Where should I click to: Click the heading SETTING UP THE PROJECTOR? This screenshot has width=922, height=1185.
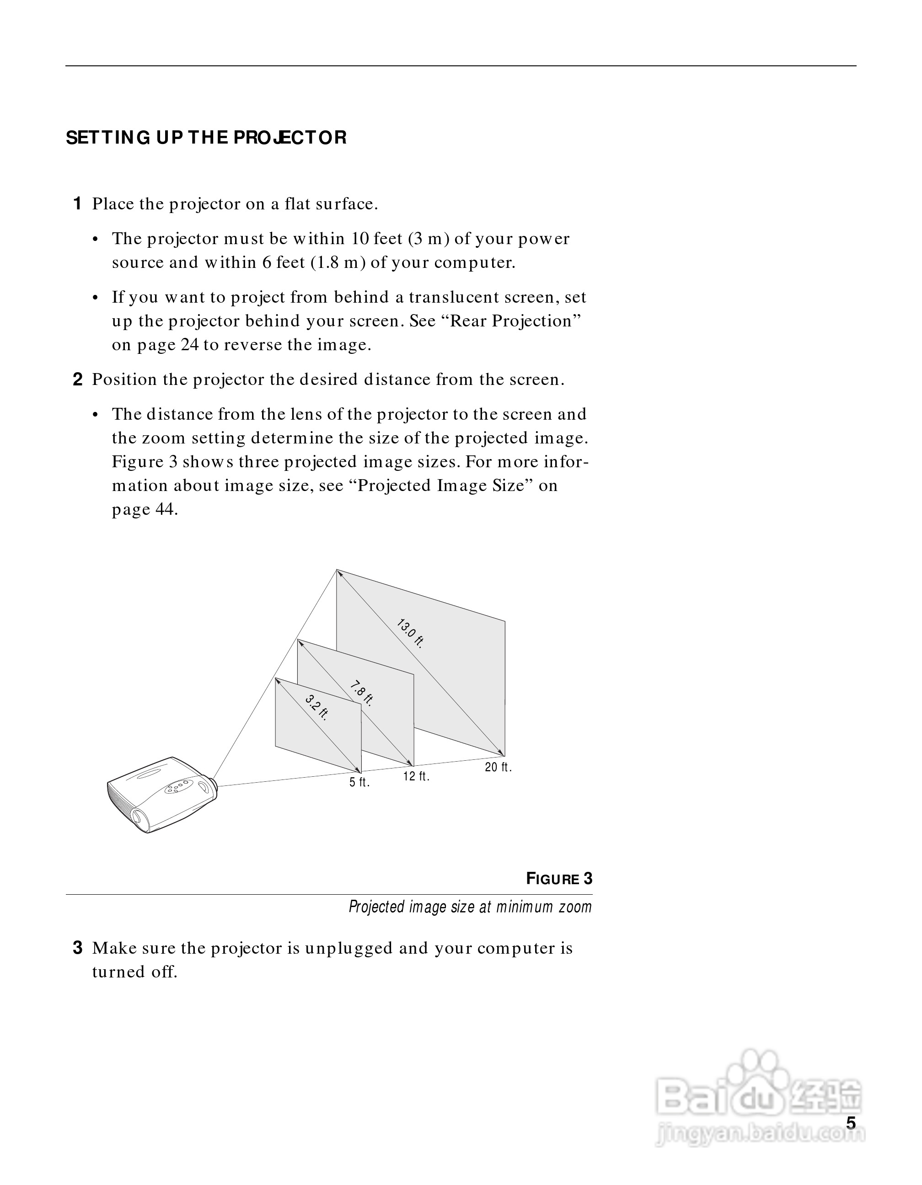click(x=206, y=138)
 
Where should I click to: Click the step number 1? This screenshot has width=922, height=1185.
click(x=78, y=204)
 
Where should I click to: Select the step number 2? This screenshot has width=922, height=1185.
click(x=78, y=379)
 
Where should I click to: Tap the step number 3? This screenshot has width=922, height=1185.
click(x=78, y=948)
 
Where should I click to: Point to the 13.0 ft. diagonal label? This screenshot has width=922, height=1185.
click(x=410, y=633)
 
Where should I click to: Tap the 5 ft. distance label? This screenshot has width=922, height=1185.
click(x=359, y=782)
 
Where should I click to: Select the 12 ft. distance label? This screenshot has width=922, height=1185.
click(x=416, y=776)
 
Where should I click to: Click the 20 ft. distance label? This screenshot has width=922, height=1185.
click(x=498, y=767)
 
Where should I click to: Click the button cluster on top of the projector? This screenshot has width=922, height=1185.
click(x=178, y=786)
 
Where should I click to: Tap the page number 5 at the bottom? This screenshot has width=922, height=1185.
click(x=851, y=1123)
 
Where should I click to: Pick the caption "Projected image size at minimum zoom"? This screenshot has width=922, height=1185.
click(x=470, y=907)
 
